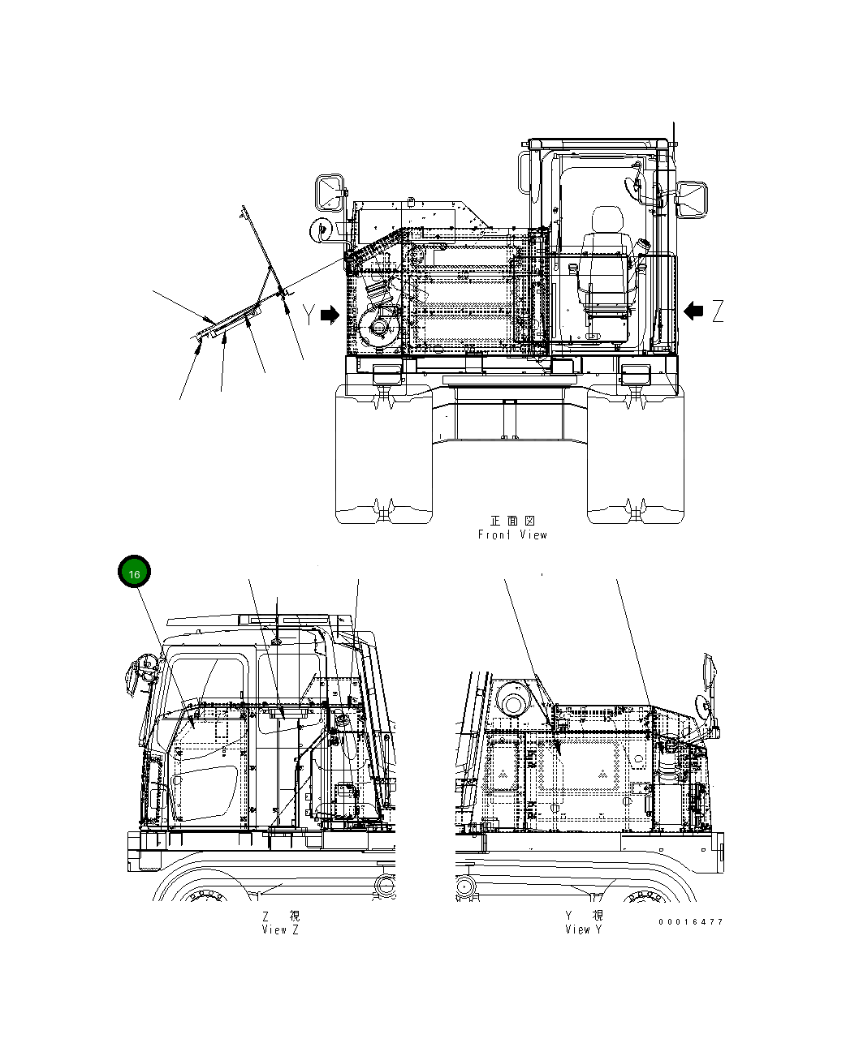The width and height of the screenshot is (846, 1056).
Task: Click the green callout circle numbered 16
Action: [x=135, y=573]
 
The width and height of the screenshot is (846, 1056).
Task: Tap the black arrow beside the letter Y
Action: [x=330, y=316]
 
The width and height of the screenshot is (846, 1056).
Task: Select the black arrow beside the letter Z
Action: [x=694, y=310]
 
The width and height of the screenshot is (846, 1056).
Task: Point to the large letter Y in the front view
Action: [x=309, y=316]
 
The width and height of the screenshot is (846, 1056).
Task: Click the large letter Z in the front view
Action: [x=718, y=311]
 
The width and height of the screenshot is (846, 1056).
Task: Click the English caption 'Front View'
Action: [x=512, y=535]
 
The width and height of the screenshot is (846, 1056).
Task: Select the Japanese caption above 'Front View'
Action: [x=512, y=521]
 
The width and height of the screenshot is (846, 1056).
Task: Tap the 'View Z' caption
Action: [x=280, y=930]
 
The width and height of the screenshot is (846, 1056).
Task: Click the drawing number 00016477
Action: [x=690, y=922]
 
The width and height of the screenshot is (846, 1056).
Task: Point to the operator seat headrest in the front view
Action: [x=606, y=220]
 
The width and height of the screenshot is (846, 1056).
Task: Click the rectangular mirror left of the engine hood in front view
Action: [x=328, y=192]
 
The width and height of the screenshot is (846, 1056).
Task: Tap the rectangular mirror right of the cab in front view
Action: [x=693, y=200]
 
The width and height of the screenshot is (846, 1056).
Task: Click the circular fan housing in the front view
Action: [x=378, y=328]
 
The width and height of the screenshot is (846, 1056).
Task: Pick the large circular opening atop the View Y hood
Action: [x=513, y=699]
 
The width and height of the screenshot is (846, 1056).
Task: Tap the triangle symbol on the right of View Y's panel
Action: [x=602, y=775]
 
